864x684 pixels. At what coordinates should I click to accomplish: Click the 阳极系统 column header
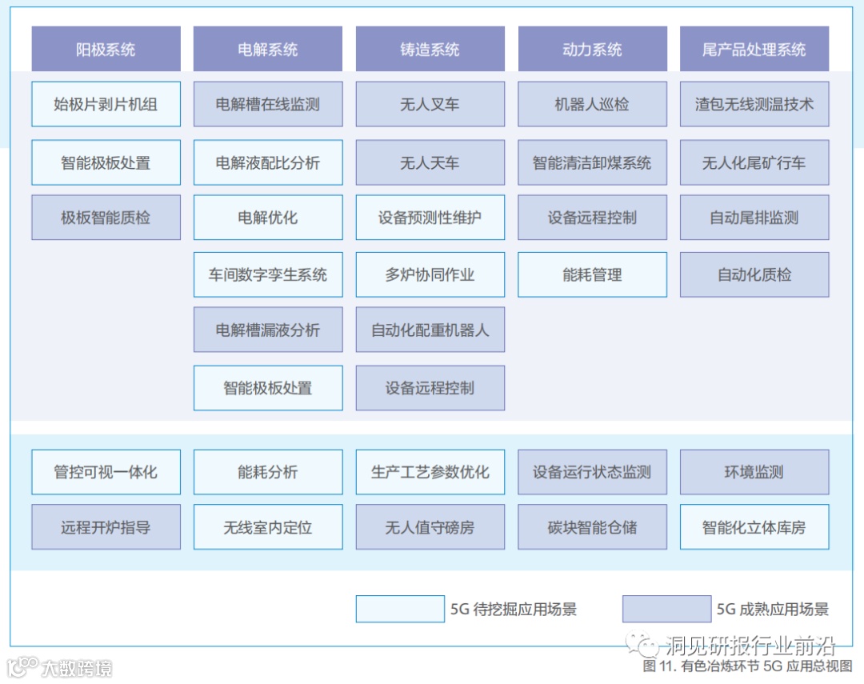point(106,50)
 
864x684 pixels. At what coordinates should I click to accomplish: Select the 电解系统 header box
point(268,50)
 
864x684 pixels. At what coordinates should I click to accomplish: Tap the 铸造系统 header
point(430,50)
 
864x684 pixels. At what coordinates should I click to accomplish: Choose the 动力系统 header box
point(592,50)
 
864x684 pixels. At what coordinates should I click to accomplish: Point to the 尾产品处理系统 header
point(754,50)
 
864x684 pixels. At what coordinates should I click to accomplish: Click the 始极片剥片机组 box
point(106,104)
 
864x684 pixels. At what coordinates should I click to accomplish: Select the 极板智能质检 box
point(106,218)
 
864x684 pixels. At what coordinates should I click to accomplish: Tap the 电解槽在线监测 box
point(268,104)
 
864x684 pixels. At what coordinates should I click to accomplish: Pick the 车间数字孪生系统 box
point(268,275)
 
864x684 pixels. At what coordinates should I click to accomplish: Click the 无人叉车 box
point(430,104)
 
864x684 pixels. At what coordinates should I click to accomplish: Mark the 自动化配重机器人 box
point(430,330)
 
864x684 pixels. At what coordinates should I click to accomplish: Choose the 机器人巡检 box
point(592,104)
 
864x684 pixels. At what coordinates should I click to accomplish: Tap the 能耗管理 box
point(592,275)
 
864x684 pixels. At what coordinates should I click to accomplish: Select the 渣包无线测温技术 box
point(754,104)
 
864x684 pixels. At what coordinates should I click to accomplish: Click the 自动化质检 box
point(754,275)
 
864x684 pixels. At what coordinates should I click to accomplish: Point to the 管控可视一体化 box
point(106,472)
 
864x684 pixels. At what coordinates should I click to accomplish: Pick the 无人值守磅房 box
point(430,527)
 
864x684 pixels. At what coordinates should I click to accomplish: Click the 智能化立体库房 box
point(754,527)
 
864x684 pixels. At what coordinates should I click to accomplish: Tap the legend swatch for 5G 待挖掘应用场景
point(400,609)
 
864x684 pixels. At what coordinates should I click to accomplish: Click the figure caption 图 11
point(747,666)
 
